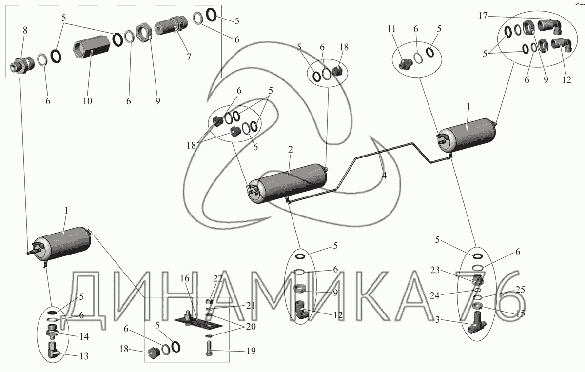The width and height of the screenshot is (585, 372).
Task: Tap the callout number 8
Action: pos(25,30)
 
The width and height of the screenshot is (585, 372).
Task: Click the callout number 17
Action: pos(483,16)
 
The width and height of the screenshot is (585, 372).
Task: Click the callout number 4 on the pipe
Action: pos(384,176)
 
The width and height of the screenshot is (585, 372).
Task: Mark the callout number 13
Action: pos(84,356)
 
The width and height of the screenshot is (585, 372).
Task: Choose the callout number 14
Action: pos(84,336)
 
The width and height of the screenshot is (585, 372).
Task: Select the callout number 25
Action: pos(520,290)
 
